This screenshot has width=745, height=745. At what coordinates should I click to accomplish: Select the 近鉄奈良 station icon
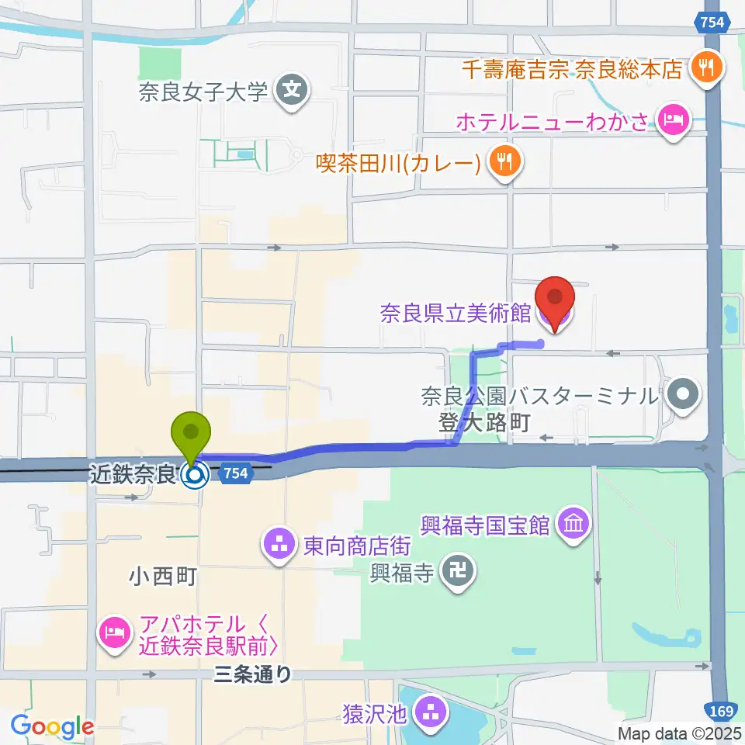click(x=195, y=473)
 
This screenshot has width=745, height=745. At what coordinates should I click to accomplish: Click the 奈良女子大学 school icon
click(x=293, y=92)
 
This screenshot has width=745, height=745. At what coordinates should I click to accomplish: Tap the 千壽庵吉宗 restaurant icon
click(x=707, y=68)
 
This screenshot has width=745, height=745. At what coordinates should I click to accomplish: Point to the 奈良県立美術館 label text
click(x=455, y=314)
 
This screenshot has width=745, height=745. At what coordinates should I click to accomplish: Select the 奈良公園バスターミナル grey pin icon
click(x=683, y=396)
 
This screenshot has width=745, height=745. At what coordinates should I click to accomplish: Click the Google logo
click(x=53, y=726)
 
